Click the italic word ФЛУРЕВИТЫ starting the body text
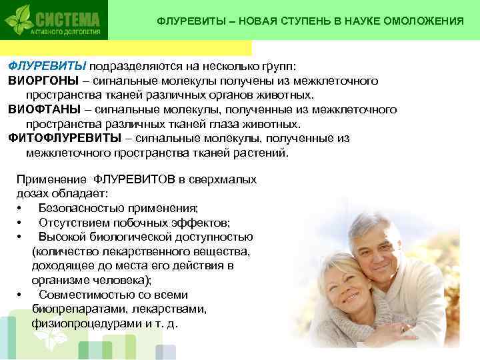pyautogui.click(x=47, y=66)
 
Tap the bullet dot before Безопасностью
pyautogui.click(x=21, y=208)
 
